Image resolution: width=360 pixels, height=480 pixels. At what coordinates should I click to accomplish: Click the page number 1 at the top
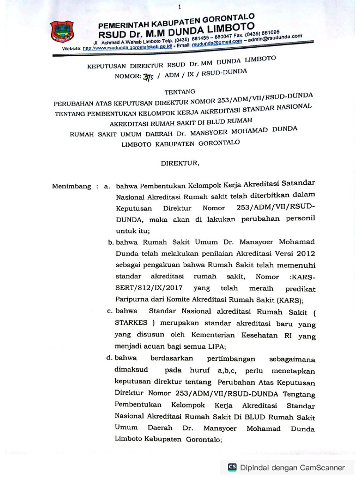click(x=180, y=7)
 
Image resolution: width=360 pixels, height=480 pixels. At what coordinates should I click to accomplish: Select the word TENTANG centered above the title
click(x=180, y=92)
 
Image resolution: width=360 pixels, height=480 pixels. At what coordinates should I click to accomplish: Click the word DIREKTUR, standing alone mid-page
click(x=180, y=163)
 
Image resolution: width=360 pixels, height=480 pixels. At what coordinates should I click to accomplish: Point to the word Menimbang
click(x=72, y=186)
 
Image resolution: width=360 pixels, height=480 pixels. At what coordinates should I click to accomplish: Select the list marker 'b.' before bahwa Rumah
click(x=111, y=242)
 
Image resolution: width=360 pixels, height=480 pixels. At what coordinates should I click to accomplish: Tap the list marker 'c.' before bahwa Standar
click(x=111, y=311)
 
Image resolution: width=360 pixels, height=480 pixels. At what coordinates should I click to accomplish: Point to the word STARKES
click(x=132, y=323)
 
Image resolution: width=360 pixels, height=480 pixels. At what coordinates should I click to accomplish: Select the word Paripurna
click(x=132, y=300)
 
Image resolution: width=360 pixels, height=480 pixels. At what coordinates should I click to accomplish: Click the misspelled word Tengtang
click(x=299, y=393)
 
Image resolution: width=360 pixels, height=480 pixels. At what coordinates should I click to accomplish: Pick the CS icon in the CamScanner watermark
click(x=232, y=467)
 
